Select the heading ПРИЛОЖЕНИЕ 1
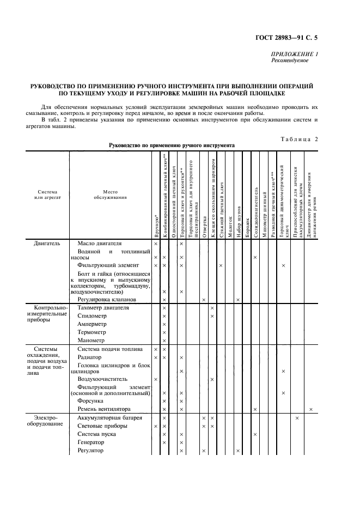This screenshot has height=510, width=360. coord(294,54)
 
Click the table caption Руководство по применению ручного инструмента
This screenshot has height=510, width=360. coord(172,145)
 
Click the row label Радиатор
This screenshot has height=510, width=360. coord(90,357)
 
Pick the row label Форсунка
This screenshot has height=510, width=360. coord(91,400)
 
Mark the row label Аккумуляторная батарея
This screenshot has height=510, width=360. coord(109,417)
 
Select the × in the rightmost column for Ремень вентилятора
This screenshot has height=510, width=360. coord(311,409)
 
